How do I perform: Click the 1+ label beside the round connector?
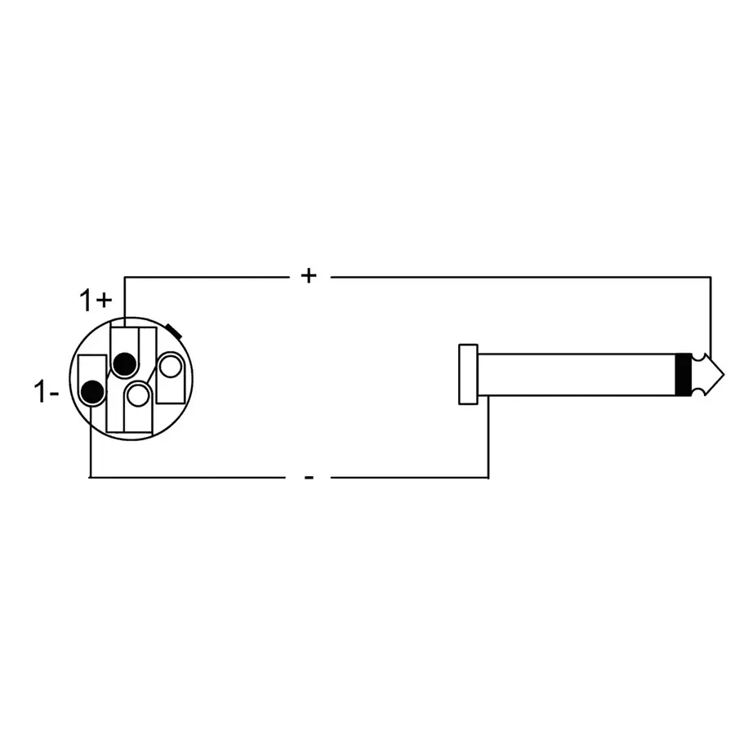(96, 301)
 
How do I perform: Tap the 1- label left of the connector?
(47, 393)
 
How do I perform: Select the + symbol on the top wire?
(308, 276)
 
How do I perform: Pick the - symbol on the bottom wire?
(308, 477)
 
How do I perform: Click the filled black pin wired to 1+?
(124, 363)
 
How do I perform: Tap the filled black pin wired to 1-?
(93, 393)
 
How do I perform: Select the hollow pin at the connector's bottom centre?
(139, 395)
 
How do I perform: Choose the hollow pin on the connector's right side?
(170, 367)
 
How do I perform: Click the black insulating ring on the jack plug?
(684, 375)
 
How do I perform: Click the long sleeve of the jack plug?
(576, 375)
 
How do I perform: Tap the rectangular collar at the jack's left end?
(468, 374)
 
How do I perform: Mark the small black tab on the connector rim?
(173, 330)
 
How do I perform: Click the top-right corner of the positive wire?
(710, 277)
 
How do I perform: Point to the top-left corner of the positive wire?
(124, 277)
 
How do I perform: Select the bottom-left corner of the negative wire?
(89, 477)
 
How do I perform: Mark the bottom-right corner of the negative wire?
(488, 477)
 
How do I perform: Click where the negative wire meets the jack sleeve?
(488, 398)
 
